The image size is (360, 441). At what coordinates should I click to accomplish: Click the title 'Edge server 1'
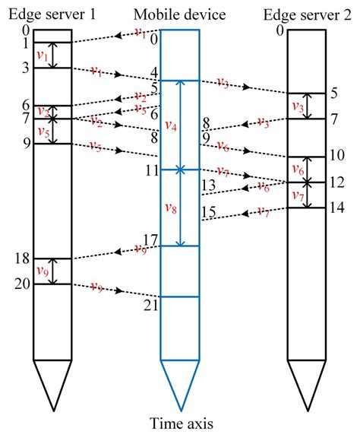(x=52, y=14)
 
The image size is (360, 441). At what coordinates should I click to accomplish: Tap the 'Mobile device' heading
(x=179, y=14)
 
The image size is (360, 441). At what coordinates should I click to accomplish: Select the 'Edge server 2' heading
(x=307, y=14)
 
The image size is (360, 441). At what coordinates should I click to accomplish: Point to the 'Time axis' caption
(x=182, y=423)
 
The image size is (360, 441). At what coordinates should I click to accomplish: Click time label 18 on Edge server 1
(x=22, y=258)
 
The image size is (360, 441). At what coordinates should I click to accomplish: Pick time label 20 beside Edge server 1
(x=22, y=284)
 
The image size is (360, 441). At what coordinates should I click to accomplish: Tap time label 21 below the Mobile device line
(x=151, y=305)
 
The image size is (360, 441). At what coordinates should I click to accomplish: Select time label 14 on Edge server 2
(x=337, y=208)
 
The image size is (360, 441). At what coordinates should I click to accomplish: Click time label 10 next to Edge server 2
(x=337, y=155)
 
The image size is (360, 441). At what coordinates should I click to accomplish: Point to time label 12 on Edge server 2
(x=337, y=182)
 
